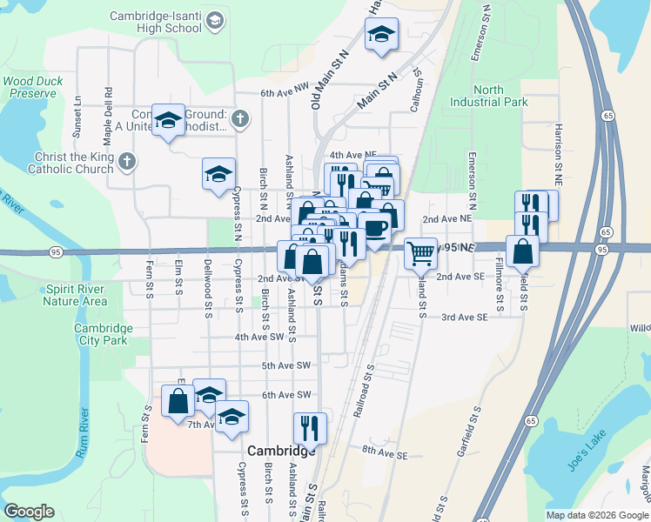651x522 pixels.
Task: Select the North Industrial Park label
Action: pyautogui.click(x=489, y=96)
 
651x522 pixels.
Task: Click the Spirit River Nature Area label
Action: pyautogui.click(x=74, y=295)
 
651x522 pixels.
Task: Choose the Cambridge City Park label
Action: pyautogui.click(x=103, y=334)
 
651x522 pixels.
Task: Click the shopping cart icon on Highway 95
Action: pyautogui.click(x=420, y=253)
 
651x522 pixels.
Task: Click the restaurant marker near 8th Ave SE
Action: pyautogui.click(x=310, y=427)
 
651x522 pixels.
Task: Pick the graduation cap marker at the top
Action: pyautogui.click(x=381, y=35)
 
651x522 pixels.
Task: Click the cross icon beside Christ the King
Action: pyautogui.click(x=127, y=161)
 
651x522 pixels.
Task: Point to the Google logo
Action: pyautogui.click(x=29, y=512)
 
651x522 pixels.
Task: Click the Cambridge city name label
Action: pyautogui.click(x=280, y=451)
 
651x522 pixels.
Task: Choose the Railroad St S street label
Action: pyautogui.click(x=364, y=391)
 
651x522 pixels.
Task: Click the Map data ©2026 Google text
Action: pyautogui.click(x=597, y=515)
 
